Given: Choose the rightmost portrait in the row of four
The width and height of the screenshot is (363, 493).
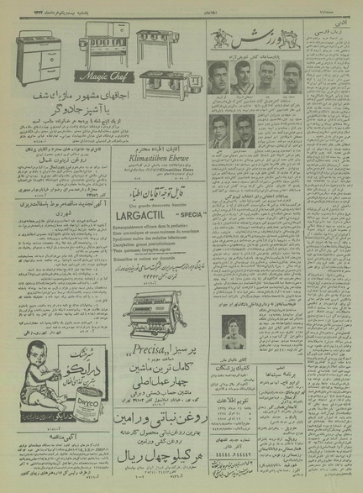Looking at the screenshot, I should click(291, 77).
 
